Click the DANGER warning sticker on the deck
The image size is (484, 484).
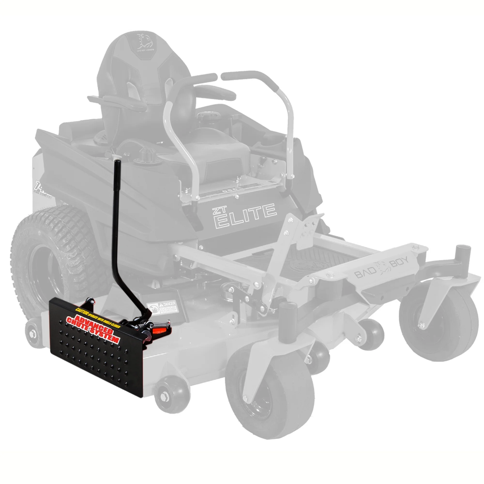163,307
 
